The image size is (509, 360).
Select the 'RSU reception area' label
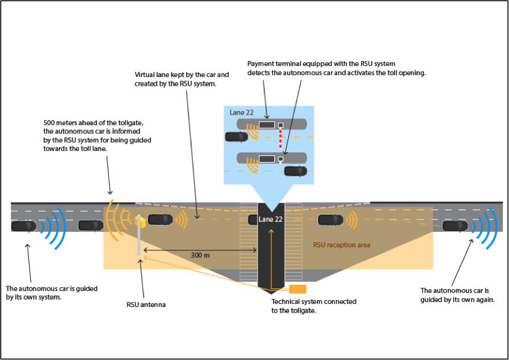(x=341, y=245)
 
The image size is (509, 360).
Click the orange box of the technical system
(x=298, y=289)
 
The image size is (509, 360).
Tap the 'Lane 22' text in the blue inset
(x=242, y=113)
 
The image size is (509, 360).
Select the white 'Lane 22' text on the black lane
(x=271, y=219)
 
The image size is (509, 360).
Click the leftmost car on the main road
(x=24, y=226)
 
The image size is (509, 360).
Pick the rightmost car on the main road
(x=455, y=226)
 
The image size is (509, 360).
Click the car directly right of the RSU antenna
(x=160, y=219)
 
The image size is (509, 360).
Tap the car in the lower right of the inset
(x=295, y=171)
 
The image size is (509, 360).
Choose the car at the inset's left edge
(x=236, y=137)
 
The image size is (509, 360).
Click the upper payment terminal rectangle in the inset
(x=267, y=125)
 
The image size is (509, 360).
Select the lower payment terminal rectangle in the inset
(x=267, y=159)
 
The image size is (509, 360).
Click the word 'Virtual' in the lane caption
(x=145, y=75)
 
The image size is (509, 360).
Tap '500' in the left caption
(x=50, y=122)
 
